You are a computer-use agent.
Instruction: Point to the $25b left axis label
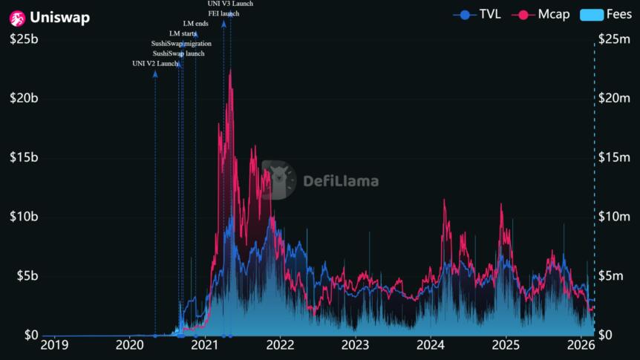pyautogui.click(x=23, y=39)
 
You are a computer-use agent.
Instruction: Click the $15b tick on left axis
pyautogui.click(x=23, y=157)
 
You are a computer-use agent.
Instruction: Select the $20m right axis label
pyautogui.click(x=615, y=98)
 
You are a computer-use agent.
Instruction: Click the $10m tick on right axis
pyautogui.click(x=615, y=217)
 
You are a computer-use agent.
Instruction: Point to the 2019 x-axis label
pyautogui.click(x=54, y=344)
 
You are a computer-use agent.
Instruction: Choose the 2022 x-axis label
pyautogui.click(x=280, y=344)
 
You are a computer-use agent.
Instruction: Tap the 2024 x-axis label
pyautogui.click(x=430, y=344)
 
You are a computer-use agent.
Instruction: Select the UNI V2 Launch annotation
pyautogui.click(x=155, y=64)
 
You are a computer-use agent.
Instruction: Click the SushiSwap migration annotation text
pyautogui.click(x=181, y=44)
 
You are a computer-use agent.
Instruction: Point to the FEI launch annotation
pyautogui.click(x=223, y=13)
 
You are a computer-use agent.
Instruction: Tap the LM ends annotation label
pyautogui.click(x=195, y=24)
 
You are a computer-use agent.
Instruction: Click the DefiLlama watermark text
pyautogui.click(x=340, y=181)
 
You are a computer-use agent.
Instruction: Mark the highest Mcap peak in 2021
pyautogui.click(x=230, y=71)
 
